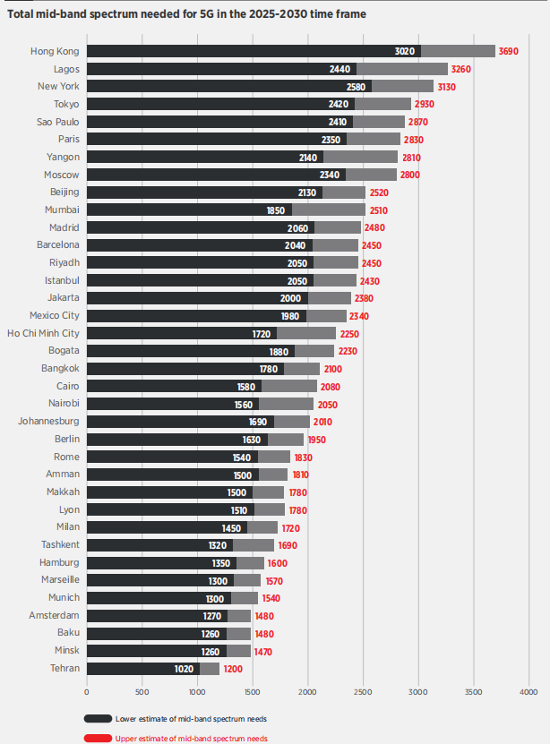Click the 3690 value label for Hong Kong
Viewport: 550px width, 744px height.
pos(509,52)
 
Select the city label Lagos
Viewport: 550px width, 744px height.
pos(65,69)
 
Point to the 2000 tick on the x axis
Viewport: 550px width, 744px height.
pos(307,691)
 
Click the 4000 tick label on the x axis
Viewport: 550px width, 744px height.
pos(528,691)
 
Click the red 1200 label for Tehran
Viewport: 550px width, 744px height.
pos(233,669)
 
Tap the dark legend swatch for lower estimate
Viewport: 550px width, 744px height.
pos(98,718)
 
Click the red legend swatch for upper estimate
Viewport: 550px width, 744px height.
pos(98,739)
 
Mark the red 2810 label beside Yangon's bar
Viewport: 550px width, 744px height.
pos(411,157)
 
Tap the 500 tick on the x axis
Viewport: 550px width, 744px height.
pos(142,691)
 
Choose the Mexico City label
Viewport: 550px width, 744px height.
pos(54,315)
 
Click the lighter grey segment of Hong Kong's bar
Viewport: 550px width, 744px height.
pos(458,52)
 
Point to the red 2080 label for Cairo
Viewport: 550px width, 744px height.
pos(330,386)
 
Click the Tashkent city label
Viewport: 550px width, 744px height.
pos(60,544)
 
